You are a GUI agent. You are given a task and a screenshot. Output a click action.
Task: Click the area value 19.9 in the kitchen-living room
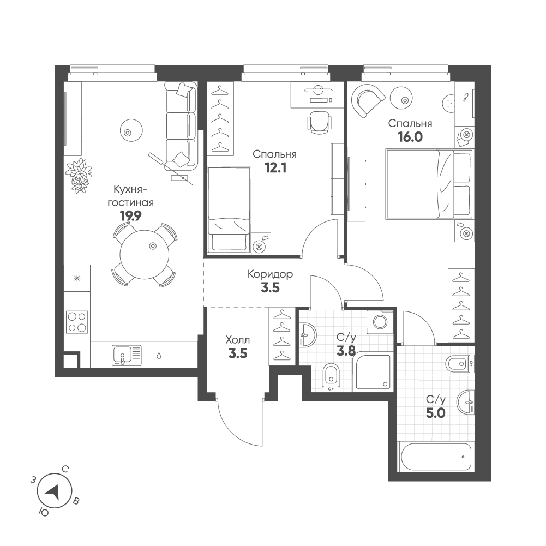pos(130,216)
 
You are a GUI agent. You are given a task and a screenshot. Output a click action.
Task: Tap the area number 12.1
pos(275,168)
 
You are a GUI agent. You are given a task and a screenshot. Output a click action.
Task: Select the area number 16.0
pos(410,137)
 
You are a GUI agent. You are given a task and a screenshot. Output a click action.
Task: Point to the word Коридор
pos(270,274)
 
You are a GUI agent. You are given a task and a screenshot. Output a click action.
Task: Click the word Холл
pos(238,339)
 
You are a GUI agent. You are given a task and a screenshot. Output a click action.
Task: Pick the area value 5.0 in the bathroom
pos(436,413)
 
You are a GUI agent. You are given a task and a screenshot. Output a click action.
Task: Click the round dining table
pos(144,254)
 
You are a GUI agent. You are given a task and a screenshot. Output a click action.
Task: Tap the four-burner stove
pos(77,322)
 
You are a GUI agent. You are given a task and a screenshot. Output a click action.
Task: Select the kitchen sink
pos(127,355)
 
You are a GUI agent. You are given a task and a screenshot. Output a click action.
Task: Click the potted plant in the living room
pos(79,175)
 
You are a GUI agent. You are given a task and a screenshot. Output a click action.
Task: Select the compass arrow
pos(53,491)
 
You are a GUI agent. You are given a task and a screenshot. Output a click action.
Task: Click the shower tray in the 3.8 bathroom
pos(372,371)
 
